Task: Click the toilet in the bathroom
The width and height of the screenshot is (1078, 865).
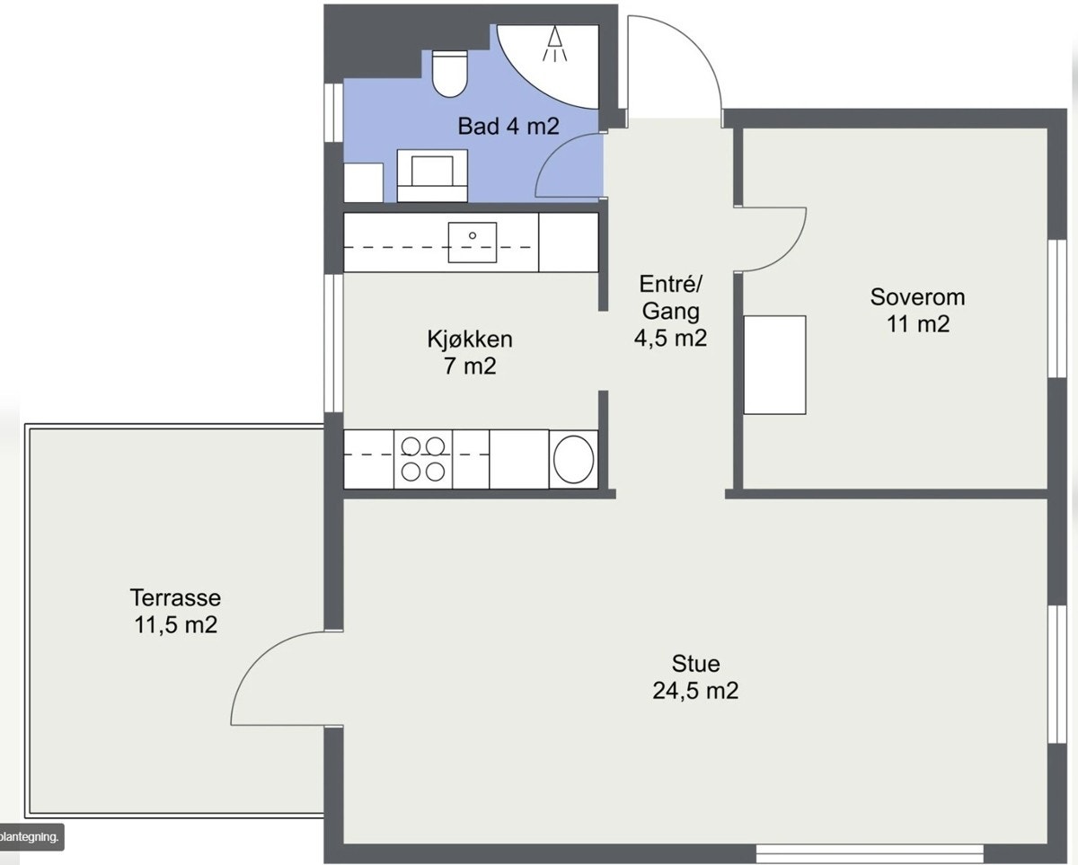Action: click(450, 73)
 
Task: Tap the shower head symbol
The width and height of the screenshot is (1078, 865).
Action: click(554, 44)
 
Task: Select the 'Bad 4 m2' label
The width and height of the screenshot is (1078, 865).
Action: click(508, 126)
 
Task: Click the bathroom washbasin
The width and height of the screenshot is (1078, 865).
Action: click(432, 175)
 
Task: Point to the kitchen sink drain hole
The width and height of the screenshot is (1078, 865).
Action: click(472, 235)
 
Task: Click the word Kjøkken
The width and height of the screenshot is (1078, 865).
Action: click(470, 340)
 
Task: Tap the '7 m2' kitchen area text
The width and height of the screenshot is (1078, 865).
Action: click(470, 366)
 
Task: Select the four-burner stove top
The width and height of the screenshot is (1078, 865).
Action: click(423, 459)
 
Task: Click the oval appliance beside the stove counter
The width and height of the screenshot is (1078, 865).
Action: click(573, 459)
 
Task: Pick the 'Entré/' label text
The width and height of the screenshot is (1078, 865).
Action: click(671, 284)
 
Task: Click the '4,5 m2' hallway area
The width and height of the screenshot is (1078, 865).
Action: click(671, 338)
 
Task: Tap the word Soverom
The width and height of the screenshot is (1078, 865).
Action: click(917, 297)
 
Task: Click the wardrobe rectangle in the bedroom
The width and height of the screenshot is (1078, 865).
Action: click(774, 365)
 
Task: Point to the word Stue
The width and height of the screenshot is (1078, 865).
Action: click(696, 664)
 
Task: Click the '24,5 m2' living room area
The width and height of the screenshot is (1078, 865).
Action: click(695, 691)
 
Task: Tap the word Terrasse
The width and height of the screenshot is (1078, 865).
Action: click(175, 597)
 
